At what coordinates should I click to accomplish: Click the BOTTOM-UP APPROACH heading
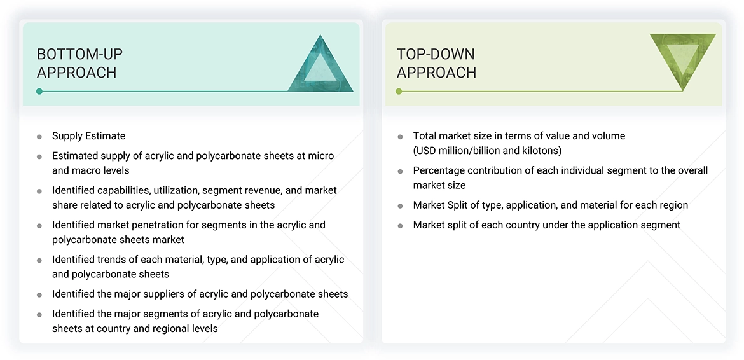80,63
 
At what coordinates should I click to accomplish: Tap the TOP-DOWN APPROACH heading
436,63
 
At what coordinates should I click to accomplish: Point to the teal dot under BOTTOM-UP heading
39,92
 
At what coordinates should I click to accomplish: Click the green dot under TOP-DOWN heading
399,92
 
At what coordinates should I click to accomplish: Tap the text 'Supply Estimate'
88,135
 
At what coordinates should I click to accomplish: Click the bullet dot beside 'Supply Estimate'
39,137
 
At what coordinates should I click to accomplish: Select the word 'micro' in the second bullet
320,155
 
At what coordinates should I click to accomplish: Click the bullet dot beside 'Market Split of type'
401,206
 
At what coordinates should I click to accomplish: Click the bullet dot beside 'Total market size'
401,137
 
